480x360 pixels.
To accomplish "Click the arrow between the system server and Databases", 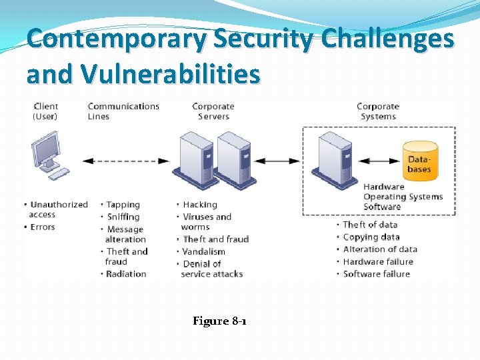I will point(378,161).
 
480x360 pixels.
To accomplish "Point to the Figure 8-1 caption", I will point(219,321).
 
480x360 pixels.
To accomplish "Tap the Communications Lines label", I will point(123,111).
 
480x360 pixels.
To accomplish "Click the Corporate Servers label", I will point(213,111).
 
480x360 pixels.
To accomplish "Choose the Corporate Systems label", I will point(378,111).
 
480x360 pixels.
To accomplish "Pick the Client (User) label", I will point(45,111).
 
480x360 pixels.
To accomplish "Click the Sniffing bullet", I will point(123,217).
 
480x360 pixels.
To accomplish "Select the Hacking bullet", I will point(200,205).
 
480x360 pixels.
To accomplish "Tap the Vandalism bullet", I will point(204,251).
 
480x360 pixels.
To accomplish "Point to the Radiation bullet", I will point(126,274).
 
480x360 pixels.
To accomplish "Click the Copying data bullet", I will point(371,237).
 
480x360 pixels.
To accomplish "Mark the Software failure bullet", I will point(376,274).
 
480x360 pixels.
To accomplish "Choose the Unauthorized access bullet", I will point(58,209).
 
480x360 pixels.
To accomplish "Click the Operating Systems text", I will point(403,197).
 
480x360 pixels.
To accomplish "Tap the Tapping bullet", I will point(123,205).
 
